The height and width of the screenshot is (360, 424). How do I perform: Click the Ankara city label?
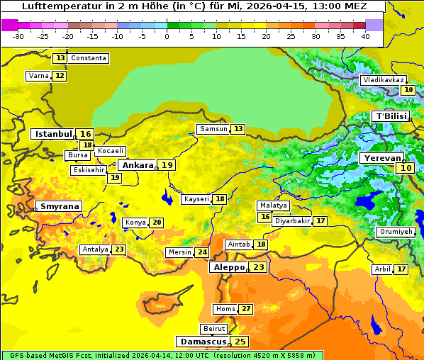tap(138, 165)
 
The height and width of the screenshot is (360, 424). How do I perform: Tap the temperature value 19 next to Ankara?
tap(167, 165)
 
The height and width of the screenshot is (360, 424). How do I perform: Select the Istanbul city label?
tap(54, 134)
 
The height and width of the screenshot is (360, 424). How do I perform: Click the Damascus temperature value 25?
tap(240, 342)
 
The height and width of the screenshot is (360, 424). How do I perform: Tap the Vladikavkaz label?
tap(383, 81)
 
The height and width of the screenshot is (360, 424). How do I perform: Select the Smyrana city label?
tap(60, 206)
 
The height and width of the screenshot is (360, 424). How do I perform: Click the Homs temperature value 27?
tap(246, 309)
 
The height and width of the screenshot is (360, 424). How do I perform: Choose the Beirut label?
tap(214, 329)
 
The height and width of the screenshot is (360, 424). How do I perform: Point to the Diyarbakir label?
tap(292, 221)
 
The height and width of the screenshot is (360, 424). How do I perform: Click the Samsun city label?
tap(213, 129)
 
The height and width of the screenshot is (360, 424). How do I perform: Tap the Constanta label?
tap(89, 58)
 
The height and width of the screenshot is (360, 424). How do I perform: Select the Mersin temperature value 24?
tap(203, 252)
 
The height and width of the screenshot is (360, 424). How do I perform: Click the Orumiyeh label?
tap(395, 232)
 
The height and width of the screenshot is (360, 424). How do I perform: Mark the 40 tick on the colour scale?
tap(365, 36)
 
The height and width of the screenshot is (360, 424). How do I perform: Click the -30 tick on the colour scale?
tap(18, 36)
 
